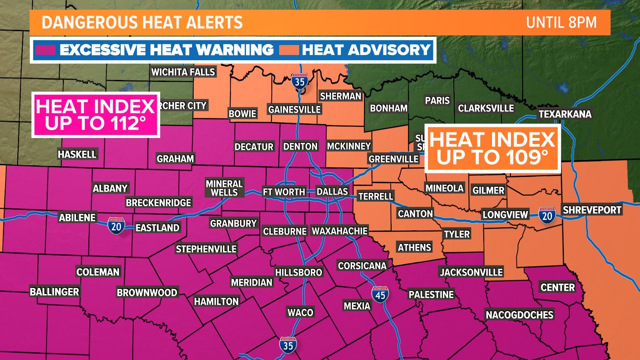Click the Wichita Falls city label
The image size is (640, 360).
[x=183, y=72]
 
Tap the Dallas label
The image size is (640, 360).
[x=332, y=192]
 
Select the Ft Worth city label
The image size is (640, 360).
[x=284, y=192]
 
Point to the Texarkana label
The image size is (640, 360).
[x=565, y=114]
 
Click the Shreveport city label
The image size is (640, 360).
[x=592, y=210]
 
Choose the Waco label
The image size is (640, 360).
[x=300, y=313]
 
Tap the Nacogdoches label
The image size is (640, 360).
[x=519, y=315]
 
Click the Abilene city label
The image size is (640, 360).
[x=77, y=218]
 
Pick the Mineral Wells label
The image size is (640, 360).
[x=224, y=188]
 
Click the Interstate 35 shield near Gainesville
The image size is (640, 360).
[x=299, y=81]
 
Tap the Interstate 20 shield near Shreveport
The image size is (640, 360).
[x=547, y=215]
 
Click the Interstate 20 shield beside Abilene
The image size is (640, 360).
[x=116, y=226]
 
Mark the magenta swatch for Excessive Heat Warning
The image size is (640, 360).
[x=45, y=50]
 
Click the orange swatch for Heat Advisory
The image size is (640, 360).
[x=289, y=50]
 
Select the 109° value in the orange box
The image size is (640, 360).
[x=527, y=157]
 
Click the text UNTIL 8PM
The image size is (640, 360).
[x=561, y=23]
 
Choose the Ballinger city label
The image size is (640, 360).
[x=54, y=292]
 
